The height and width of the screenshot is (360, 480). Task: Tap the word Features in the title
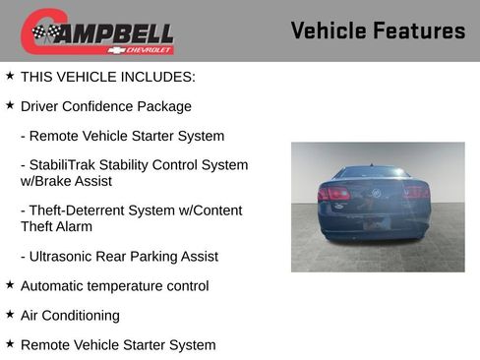[x=421, y=30]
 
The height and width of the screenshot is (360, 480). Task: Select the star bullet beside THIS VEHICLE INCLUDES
[x=10, y=75]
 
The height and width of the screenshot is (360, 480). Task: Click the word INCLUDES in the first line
[x=161, y=76]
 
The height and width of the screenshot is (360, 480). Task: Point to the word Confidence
[x=103, y=106]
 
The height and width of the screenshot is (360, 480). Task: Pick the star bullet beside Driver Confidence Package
[x=10, y=104]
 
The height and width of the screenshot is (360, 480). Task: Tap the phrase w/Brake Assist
[x=66, y=181]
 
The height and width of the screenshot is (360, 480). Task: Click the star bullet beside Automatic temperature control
[x=10, y=285]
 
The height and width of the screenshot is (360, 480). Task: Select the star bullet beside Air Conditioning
[x=10, y=315]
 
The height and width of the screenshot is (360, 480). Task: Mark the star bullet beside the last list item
[x=10, y=344]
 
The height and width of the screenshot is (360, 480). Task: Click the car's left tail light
[x=334, y=193]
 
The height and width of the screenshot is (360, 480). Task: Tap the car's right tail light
[x=416, y=193]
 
